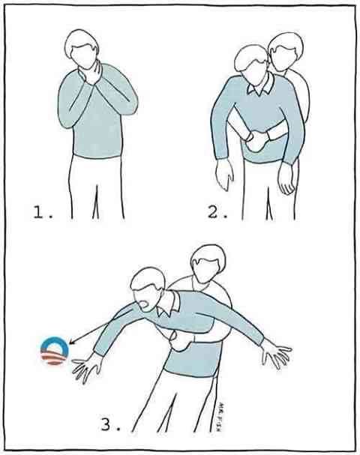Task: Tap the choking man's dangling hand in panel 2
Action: tap(223, 175)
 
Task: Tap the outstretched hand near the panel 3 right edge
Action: tap(275, 352)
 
